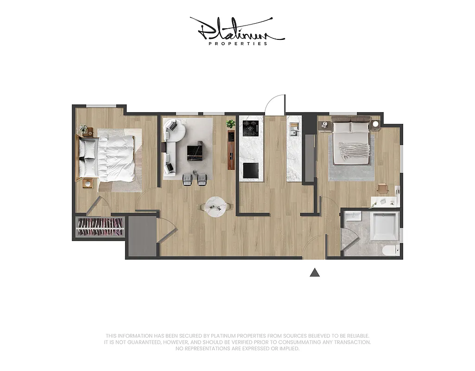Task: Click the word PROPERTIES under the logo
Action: tap(238, 44)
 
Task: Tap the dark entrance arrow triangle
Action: tap(315, 273)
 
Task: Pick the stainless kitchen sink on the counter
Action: tap(293, 128)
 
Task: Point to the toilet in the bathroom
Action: tap(390, 250)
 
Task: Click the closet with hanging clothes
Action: tap(100, 227)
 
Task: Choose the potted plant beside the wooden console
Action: tap(230, 124)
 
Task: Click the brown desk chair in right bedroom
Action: tap(382, 188)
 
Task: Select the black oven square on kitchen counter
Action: tap(251, 171)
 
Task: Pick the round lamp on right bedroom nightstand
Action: tap(375, 124)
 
